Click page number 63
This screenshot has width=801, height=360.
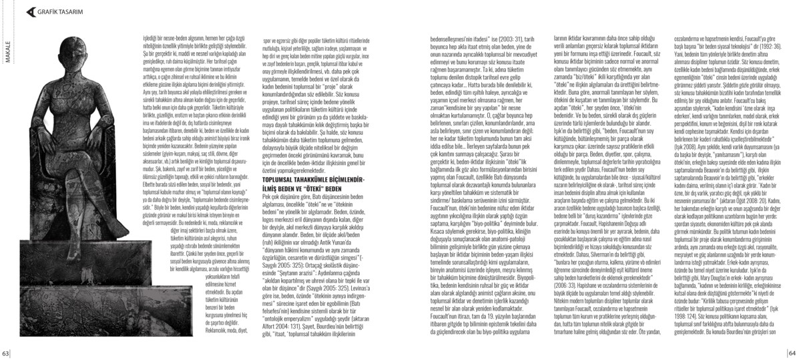click(x=5, y=353)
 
